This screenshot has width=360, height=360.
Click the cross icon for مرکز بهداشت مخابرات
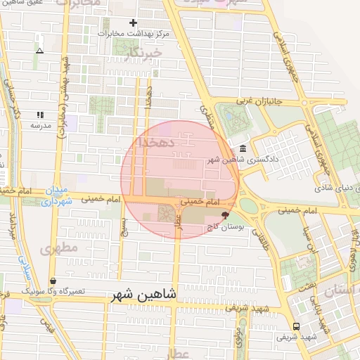click(133, 22)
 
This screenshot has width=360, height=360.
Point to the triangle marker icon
click(39, 51)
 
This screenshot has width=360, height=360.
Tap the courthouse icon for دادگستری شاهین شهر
click(243, 148)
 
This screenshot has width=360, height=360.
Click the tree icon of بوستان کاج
click(225, 214)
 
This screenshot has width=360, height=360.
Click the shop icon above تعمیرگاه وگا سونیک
click(52, 281)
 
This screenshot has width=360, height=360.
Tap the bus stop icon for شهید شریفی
click(296, 326)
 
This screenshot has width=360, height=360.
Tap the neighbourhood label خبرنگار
click(141, 53)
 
